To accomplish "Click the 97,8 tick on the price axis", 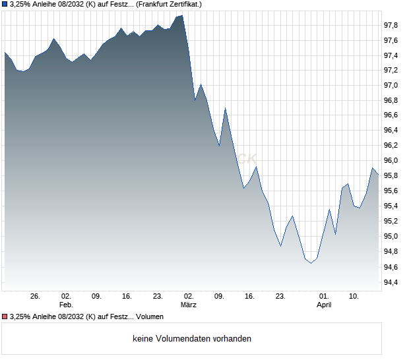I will pyautogui.click(x=391, y=25).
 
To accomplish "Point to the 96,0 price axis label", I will pyautogui.click(x=391, y=161).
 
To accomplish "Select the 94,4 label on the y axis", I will pyautogui.click(x=391, y=282).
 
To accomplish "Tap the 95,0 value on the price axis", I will pyautogui.click(x=391, y=237).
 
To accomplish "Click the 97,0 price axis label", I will pyautogui.click(x=391, y=86).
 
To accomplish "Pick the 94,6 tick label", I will pyautogui.click(x=391, y=267).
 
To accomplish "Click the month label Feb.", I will pyautogui.click(x=65, y=305).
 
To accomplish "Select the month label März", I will pyautogui.click(x=189, y=305).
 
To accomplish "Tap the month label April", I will pyautogui.click(x=324, y=305).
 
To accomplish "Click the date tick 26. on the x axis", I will pyautogui.click(x=36, y=297).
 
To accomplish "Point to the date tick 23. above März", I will pyautogui.click(x=158, y=297).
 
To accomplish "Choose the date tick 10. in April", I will pyautogui.click(x=354, y=297).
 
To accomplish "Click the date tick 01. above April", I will pyautogui.click(x=324, y=297).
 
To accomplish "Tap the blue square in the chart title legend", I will pyautogui.click(x=5, y=4).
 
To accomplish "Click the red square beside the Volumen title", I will pyautogui.click(x=5, y=317).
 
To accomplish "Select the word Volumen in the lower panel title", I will pyautogui.click(x=150, y=317).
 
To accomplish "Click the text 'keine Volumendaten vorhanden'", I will pyautogui.click(x=192, y=339).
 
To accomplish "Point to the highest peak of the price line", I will pyautogui.click(x=182, y=15).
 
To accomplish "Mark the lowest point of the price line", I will pyautogui.click(x=311, y=263).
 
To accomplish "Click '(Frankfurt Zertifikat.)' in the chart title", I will pyautogui.click(x=169, y=4).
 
